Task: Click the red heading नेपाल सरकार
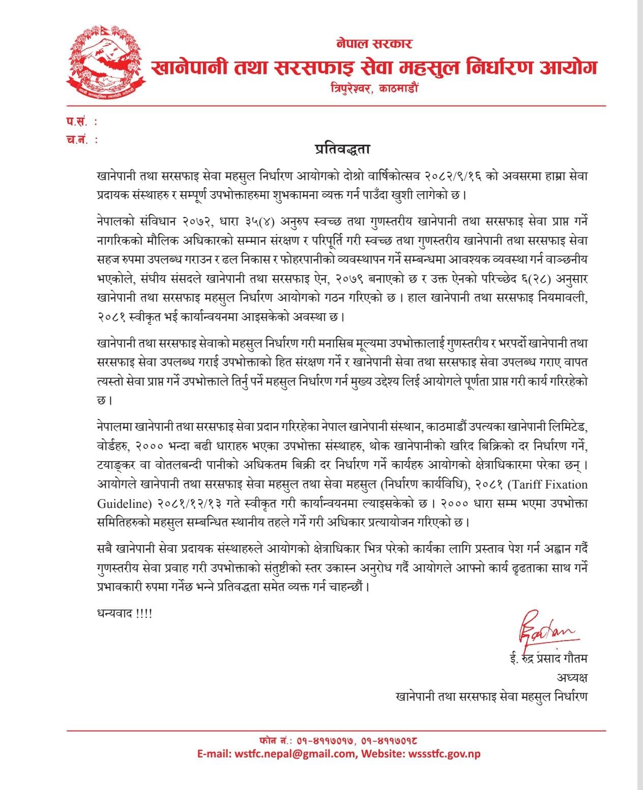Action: pyautogui.click(x=374, y=43)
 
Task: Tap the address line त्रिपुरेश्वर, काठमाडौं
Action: pyautogui.click(x=374, y=88)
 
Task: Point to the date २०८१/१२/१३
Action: pyautogui.click(x=190, y=503)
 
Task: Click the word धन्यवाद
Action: pyautogui.click(x=115, y=613)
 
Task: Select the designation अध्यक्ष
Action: pyautogui.click(x=572, y=678)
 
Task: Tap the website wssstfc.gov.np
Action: pyautogui.click(x=445, y=753)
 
